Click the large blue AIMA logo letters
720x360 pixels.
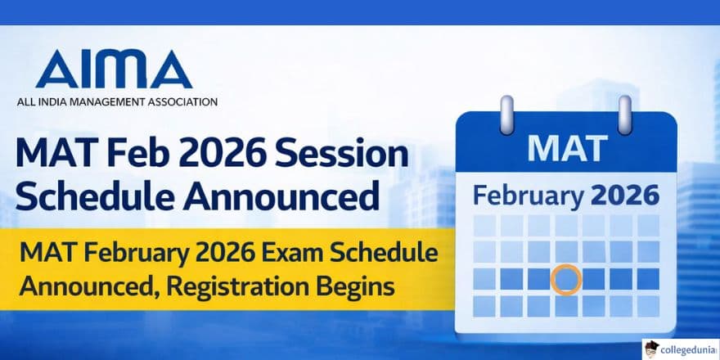(x=115, y=70)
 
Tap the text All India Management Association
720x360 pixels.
(x=117, y=103)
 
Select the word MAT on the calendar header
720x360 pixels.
(x=567, y=149)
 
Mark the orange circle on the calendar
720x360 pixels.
(x=565, y=279)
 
